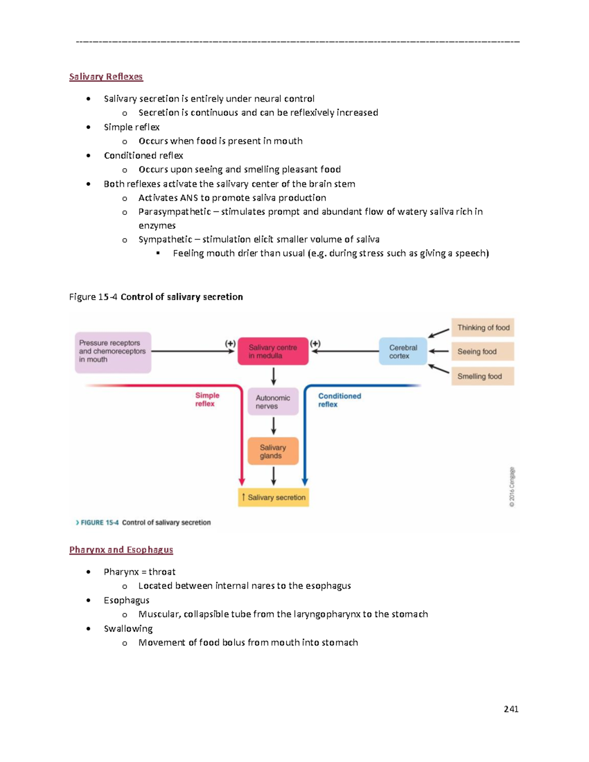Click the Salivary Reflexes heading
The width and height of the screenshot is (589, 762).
pyautogui.click(x=106, y=77)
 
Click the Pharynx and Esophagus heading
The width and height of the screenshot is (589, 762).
pyautogui.click(x=121, y=550)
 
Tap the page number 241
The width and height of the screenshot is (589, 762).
pyautogui.click(x=511, y=709)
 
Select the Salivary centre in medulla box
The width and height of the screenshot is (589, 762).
pyautogui.click(x=273, y=351)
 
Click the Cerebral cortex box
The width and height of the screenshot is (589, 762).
pyautogui.click(x=403, y=351)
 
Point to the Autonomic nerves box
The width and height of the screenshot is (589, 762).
pyautogui.click(x=273, y=402)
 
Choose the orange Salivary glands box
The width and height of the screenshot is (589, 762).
pyautogui.click(x=273, y=451)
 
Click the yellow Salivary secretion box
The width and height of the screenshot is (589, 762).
pyautogui.click(x=273, y=498)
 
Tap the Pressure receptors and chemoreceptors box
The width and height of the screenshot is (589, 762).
pyautogui.click(x=113, y=352)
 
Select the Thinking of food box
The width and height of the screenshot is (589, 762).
pyautogui.click(x=483, y=328)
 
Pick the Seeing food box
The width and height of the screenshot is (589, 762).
pyautogui.click(x=483, y=351)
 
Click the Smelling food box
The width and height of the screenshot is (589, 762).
pyautogui.click(x=483, y=376)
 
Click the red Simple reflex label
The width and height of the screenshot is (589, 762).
pyautogui.click(x=207, y=399)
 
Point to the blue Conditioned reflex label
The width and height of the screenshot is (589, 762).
pyautogui.click(x=339, y=400)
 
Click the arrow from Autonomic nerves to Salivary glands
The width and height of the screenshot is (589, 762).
pyautogui.click(x=273, y=425)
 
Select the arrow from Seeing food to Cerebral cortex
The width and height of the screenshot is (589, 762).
pyautogui.click(x=439, y=351)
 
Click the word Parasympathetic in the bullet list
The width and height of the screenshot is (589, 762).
pyautogui.click(x=174, y=212)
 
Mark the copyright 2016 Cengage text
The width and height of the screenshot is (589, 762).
pyautogui.click(x=512, y=487)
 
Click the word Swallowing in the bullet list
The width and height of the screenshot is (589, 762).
pyautogui.click(x=128, y=629)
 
